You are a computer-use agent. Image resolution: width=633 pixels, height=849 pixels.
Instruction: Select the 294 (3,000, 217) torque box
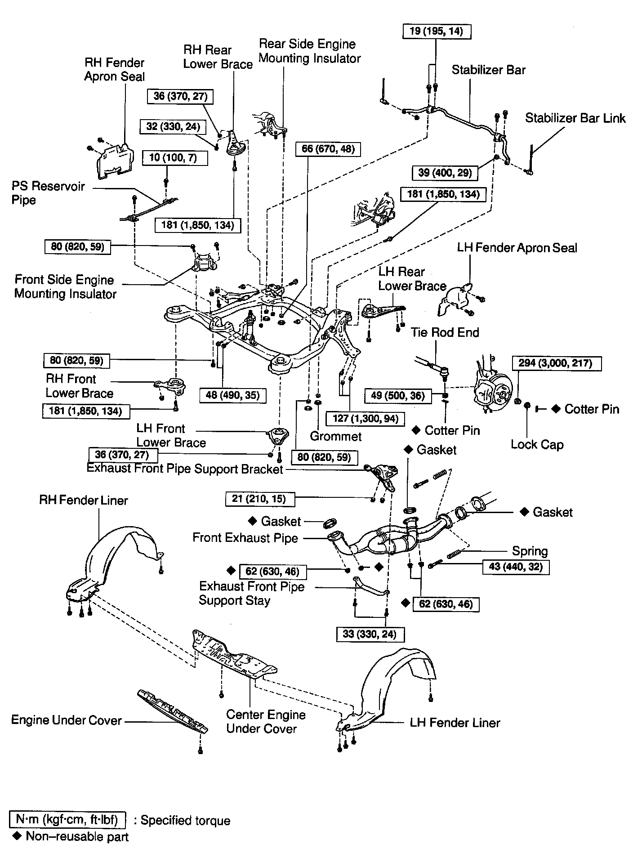tap(557, 363)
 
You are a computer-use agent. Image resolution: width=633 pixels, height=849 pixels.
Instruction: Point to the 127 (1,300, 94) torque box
tap(366, 418)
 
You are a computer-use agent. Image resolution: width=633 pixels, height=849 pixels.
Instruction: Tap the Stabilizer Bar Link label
tap(575, 118)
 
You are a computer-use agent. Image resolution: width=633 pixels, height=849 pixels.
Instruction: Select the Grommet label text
tap(336, 436)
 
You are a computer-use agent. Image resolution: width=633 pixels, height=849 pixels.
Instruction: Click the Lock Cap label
tap(537, 445)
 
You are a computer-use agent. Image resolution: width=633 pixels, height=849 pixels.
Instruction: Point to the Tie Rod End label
tap(445, 332)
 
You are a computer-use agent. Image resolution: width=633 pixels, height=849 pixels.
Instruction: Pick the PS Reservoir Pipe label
tap(48, 193)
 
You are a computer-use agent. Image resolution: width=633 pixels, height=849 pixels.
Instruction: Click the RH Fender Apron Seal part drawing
tap(115, 160)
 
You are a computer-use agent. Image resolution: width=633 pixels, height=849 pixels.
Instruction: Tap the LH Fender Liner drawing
tap(386, 696)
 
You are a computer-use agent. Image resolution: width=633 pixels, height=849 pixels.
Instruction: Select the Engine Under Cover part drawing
tap(173, 713)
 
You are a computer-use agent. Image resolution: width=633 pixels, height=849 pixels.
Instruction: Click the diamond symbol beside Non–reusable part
tap(17, 836)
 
